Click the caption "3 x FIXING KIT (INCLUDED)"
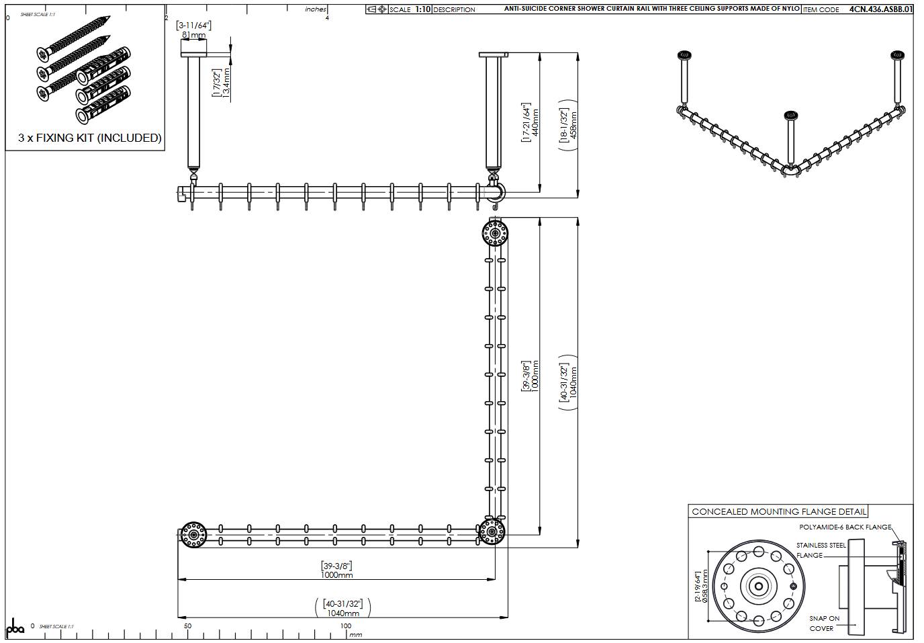click(x=89, y=138)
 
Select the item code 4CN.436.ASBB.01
click(x=880, y=9)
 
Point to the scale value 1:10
click(x=422, y=9)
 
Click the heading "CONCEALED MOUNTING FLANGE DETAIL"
click(x=778, y=511)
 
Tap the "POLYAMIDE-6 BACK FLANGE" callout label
click(x=845, y=527)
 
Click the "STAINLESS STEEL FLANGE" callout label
click(x=820, y=550)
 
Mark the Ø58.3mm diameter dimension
click(x=704, y=587)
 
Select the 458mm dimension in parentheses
click(x=573, y=124)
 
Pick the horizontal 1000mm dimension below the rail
click(x=336, y=574)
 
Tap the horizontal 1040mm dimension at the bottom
click(x=342, y=613)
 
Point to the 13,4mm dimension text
click(x=226, y=83)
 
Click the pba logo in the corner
click(x=15, y=628)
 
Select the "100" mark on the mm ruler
click(x=345, y=626)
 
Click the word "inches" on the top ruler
click(x=315, y=9)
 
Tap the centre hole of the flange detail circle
click(x=758, y=587)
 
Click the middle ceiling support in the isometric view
click(x=791, y=138)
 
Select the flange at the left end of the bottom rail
click(x=193, y=535)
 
